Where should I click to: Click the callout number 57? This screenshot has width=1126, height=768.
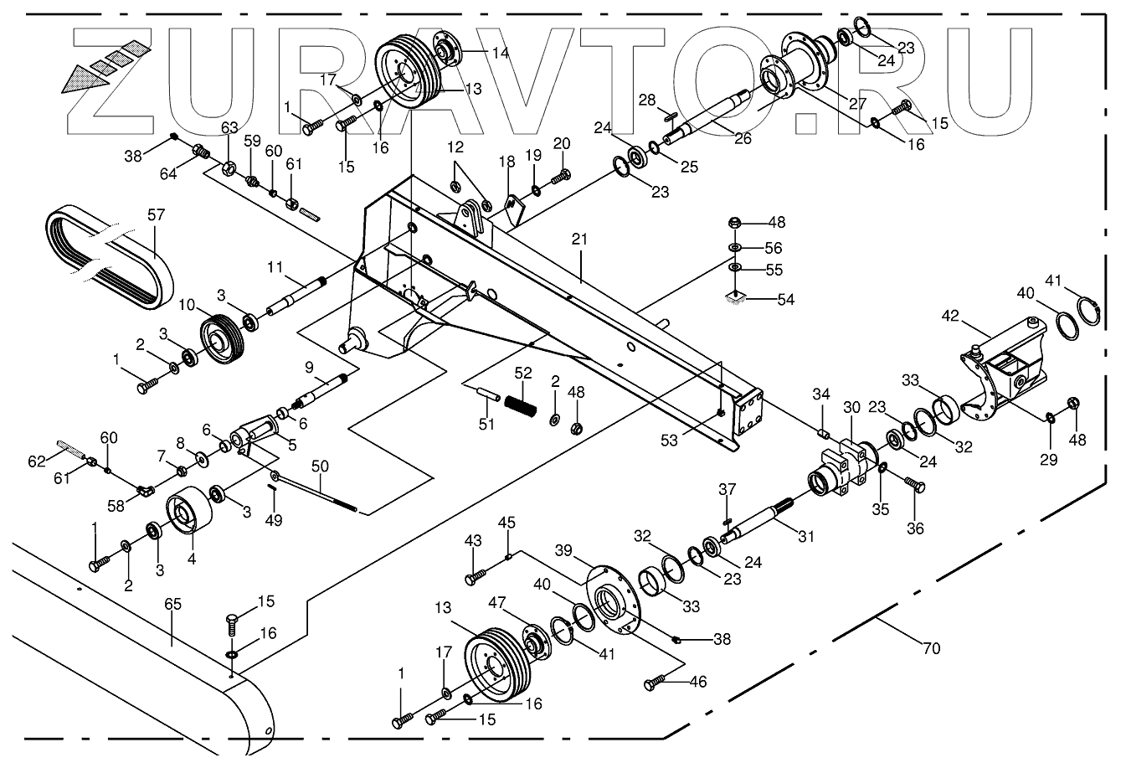point(157,214)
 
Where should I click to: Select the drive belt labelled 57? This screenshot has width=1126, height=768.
point(109,259)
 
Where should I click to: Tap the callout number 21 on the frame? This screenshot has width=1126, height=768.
point(579,240)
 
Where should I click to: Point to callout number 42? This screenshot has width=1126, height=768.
point(949,317)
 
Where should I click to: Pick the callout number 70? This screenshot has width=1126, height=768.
point(930,647)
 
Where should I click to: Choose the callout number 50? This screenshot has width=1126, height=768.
point(320,465)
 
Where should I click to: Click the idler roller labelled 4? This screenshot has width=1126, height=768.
point(188,510)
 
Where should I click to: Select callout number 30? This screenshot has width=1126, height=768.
point(851,407)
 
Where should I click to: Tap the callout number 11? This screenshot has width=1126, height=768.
point(276,267)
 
